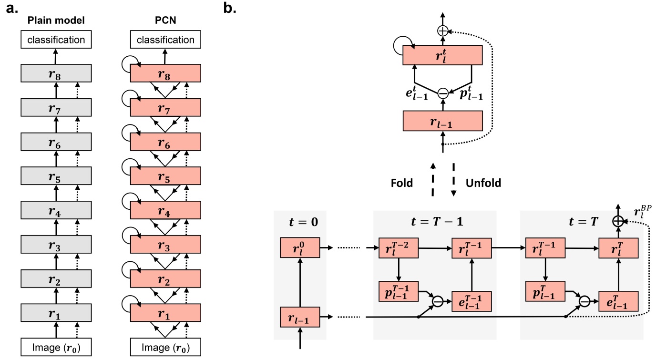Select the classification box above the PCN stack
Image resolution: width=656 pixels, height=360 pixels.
(165, 40)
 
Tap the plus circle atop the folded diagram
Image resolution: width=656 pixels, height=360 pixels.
(443, 31)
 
